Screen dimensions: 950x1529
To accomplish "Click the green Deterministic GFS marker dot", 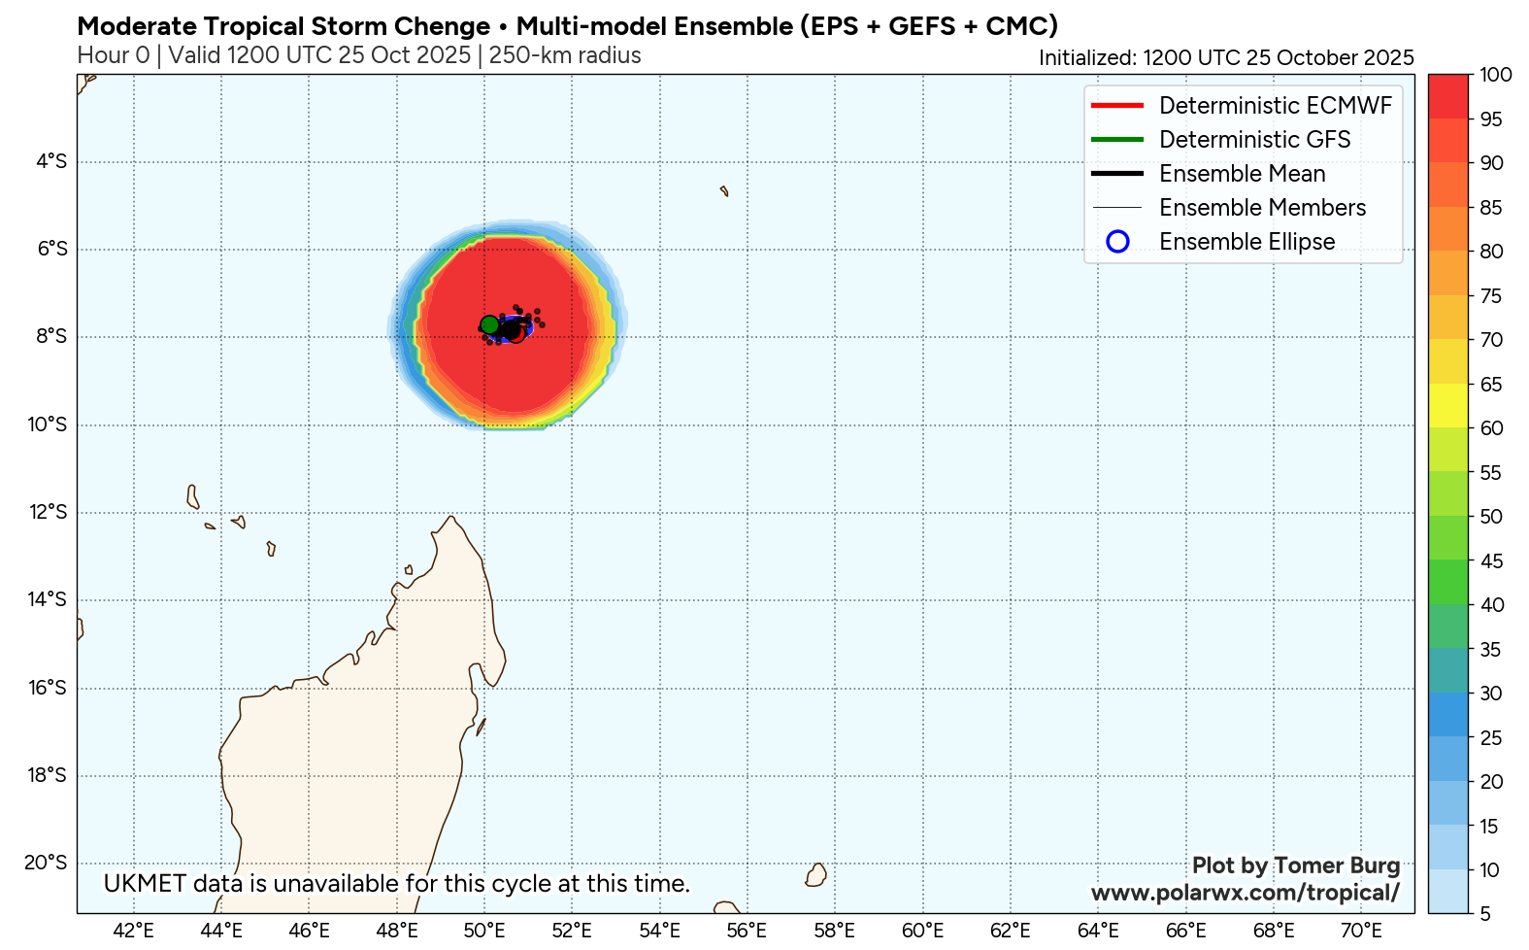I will pyautogui.click(x=489, y=324).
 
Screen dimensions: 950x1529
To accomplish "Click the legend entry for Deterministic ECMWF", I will pyautogui.click(x=1275, y=106).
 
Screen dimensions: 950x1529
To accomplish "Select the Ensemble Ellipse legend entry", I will pyautogui.click(x=1246, y=242).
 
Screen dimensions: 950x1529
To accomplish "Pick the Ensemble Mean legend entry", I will pyautogui.click(x=1242, y=174).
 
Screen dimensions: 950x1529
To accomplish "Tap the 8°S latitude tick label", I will pyautogui.click(x=51, y=337).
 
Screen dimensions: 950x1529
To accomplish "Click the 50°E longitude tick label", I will pyautogui.click(x=484, y=931).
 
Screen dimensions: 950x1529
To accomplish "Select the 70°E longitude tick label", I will pyautogui.click(x=1361, y=931).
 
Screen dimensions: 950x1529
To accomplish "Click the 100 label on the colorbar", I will pyautogui.click(x=1496, y=75).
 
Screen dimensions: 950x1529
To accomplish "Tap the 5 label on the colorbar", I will pyautogui.click(x=1485, y=914).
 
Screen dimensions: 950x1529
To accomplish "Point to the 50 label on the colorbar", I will pyautogui.click(x=1491, y=517).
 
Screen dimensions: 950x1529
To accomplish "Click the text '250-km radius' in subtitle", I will pyautogui.click(x=565, y=55).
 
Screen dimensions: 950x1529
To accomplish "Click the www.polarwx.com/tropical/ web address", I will pyautogui.click(x=1246, y=893).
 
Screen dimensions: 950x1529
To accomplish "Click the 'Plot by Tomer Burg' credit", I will pyautogui.click(x=1295, y=865).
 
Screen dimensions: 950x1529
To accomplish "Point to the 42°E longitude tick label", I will pyautogui.click(x=133, y=931).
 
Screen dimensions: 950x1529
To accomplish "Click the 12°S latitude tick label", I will pyautogui.click(x=48, y=512).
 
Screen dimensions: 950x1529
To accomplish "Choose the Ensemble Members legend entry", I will pyautogui.click(x=1262, y=208).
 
